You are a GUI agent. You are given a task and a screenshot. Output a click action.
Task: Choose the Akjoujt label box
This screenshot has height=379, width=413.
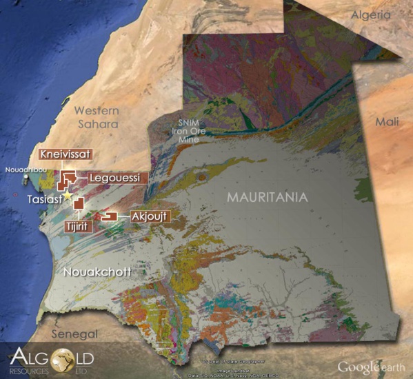tap(148, 216)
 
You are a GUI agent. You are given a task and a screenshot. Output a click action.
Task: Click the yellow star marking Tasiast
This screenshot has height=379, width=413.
tap(67, 196)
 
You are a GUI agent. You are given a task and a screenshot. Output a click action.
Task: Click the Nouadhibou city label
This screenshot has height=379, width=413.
tap(23, 169)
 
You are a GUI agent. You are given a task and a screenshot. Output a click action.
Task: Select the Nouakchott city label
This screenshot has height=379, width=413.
tap(97, 272)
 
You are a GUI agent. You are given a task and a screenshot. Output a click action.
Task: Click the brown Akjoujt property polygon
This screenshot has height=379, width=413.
tap(108, 217)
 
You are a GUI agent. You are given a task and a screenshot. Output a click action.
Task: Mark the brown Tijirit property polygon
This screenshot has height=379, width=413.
tap(78, 203)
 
